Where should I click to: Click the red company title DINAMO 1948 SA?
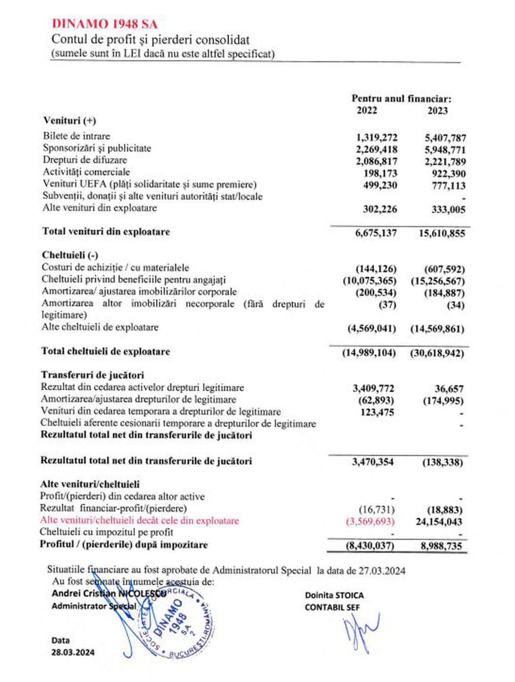tap(104, 24)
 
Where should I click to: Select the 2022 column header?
tap(367, 110)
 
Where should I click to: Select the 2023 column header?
tap(437, 111)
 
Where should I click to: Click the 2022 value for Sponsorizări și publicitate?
tap(376, 149)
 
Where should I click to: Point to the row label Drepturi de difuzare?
tap(85, 160)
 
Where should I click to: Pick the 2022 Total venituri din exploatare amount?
tap(376, 233)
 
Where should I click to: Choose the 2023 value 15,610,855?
tap(442, 234)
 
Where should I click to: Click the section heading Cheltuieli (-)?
tap(70, 255)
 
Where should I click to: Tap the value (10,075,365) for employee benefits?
tap(370, 281)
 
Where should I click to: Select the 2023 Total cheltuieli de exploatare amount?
tap(437, 353)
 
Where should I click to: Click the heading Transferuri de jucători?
tap(92, 375)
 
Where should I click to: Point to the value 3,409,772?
tap(373, 389)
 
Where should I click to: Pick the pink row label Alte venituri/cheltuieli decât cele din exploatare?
tap(139, 521)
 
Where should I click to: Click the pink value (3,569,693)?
tap(370, 521)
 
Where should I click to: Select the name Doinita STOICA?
tap(334, 595)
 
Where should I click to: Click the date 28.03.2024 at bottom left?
tap(73, 652)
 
